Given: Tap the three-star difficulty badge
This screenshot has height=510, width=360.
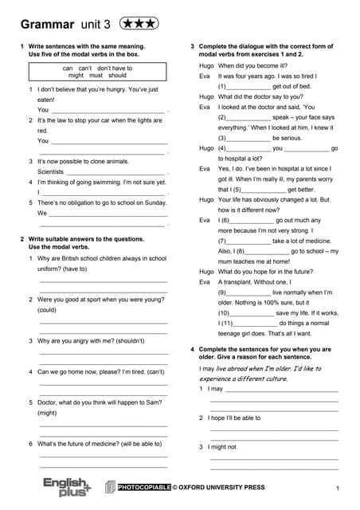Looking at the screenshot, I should click(136, 24).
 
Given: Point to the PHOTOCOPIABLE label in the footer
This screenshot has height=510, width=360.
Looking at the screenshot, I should click(144, 487).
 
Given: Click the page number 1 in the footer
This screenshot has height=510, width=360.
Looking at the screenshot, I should click(338, 488).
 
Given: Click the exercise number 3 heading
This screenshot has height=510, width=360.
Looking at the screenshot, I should click(194, 47).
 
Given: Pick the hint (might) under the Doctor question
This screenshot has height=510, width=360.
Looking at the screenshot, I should click(47, 413).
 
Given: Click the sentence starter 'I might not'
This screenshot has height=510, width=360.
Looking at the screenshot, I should click(223, 447).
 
